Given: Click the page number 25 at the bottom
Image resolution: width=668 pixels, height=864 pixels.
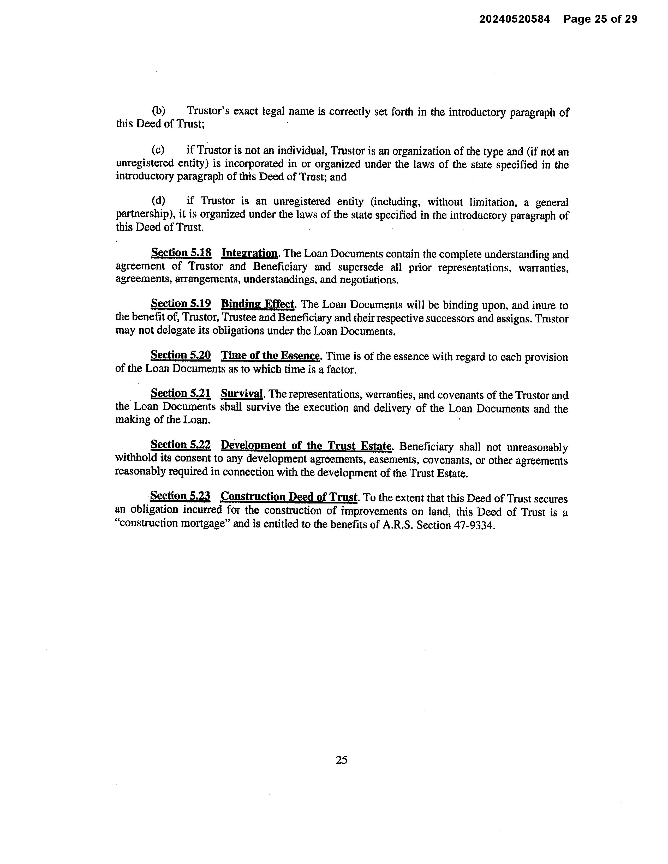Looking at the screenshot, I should (342, 760).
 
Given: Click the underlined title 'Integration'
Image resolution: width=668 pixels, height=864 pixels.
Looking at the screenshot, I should (250, 253).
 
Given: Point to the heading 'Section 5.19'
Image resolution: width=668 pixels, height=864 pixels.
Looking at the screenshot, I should (181, 304).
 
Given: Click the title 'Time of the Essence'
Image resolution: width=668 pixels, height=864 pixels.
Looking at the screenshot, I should (270, 356).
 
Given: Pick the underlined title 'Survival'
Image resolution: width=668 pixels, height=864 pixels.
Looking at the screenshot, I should (242, 394).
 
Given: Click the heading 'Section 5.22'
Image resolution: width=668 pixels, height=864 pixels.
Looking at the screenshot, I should (181, 445).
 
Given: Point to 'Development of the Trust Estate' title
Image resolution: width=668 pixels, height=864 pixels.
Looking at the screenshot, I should (306, 446).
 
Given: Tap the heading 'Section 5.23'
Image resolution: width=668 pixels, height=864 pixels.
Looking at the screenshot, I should (180, 496).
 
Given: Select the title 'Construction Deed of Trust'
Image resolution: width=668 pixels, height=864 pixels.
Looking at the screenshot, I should (289, 497).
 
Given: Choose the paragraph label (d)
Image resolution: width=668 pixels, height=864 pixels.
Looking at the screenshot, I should (158, 201).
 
